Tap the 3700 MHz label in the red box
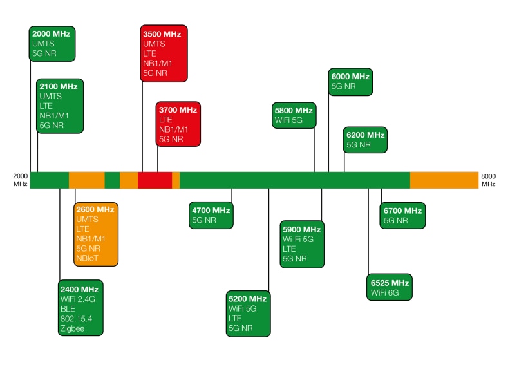[x=178, y=110]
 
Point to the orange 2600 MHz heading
[x=95, y=209]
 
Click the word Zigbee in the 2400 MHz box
[x=72, y=328]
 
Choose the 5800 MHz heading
[x=293, y=110]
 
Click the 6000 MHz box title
[x=350, y=76]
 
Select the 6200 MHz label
[x=365, y=135]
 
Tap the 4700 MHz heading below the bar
[x=211, y=210]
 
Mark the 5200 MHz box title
[x=247, y=299]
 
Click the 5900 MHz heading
[x=301, y=229]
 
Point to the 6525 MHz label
[x=390, y=283]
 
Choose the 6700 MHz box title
[x=402, y=211]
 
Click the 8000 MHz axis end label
[x=488, y=180]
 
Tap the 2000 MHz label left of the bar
[x=21, y=180]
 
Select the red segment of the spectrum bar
[x=155, y=180]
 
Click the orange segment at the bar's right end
[x=444, y=180]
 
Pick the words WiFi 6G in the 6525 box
[x=385, y=293]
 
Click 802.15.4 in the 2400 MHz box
[x=75, y=319]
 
